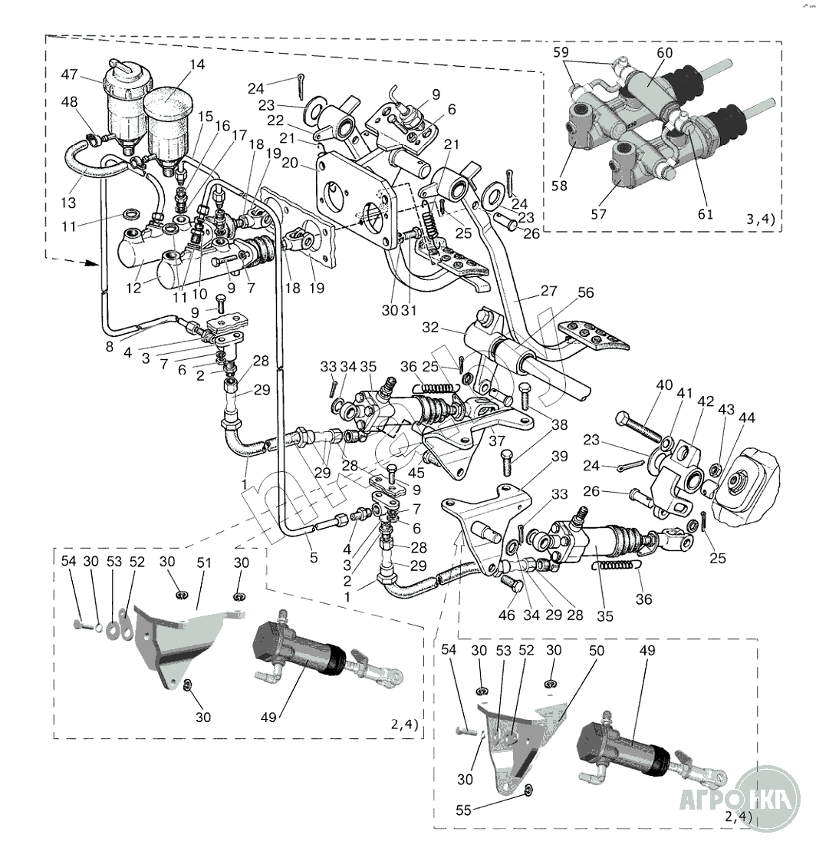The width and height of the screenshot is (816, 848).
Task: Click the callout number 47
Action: (70, 74)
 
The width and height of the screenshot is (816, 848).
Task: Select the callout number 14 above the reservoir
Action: (197, 65)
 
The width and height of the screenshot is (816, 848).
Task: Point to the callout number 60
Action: (664, 52)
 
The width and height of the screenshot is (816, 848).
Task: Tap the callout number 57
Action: (599, 214)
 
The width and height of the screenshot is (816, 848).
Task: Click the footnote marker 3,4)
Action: (760, 219)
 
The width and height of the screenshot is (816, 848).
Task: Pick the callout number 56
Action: (586, 292)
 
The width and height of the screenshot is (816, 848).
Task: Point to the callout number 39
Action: (559, 457)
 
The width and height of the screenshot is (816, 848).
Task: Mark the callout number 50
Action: (597, 650)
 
